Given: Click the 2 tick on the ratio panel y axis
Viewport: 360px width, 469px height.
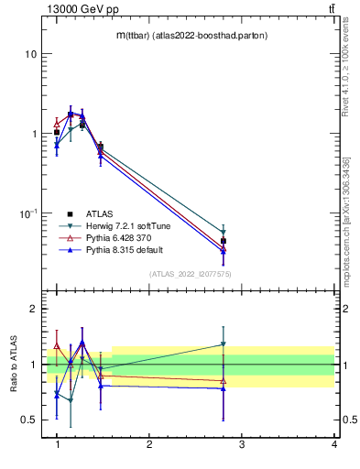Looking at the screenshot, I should tap(33, 309).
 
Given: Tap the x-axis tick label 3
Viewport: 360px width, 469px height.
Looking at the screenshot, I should tap(241, 444).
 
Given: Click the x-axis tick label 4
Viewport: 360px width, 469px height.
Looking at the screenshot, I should tap(333, 444).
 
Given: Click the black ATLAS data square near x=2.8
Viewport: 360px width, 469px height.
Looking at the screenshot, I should tap(224, 241).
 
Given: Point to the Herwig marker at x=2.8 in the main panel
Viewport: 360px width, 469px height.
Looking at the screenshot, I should tap(224, 232).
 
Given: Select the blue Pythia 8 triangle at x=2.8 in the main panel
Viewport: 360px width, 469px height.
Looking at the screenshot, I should tap(224, 251).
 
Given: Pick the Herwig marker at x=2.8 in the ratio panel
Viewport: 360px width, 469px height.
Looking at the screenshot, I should tap(224, 344).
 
